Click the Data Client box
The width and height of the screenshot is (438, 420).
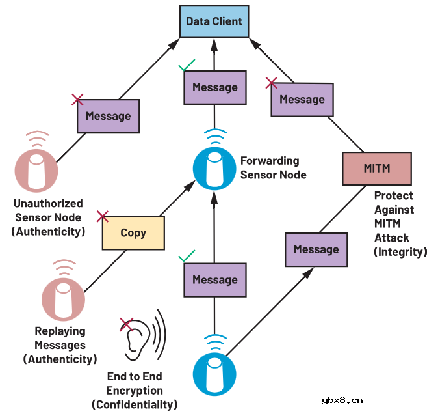coord(214,21)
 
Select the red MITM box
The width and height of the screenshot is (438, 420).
coord(377,168)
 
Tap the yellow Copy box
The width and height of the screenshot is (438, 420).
coord(133,232)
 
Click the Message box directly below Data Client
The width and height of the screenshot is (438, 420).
coord(215,87)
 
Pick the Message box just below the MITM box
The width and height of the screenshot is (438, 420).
coord(316,249)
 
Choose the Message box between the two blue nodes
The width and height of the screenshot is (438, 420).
coord(215,280)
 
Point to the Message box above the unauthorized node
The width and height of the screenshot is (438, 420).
coord(109,116)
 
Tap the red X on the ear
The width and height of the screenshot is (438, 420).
coord(126,324)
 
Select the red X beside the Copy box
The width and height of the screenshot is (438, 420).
coord(103,216)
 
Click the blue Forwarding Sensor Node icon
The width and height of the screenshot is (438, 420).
coord(214,169)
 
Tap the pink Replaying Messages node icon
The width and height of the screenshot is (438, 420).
coord(63,299)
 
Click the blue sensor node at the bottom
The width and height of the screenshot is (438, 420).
coord(214,374)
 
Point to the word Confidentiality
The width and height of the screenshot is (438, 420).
coord(135,404)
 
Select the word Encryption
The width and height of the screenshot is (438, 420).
coord(135,391)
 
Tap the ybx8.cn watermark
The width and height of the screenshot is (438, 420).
coord(342,400)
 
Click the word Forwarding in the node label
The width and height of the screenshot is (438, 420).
coord(270,161)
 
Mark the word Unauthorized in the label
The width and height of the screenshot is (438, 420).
coord(48,203)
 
